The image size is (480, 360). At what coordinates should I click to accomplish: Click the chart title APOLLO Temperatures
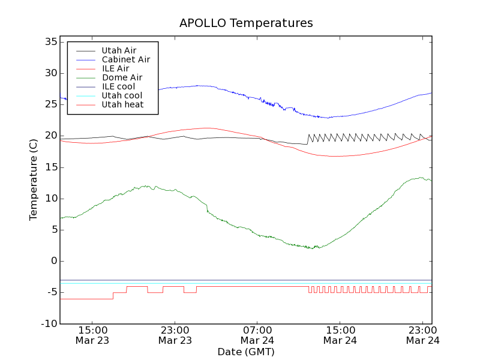(x=246, y=23)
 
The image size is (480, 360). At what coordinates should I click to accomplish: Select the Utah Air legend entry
(x=119, y=50)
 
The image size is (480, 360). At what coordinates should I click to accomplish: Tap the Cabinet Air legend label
(x=125, y=59)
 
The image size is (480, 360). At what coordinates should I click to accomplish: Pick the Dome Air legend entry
(x=122, y=77)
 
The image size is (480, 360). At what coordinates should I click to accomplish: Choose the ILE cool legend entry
(x=118, y=86)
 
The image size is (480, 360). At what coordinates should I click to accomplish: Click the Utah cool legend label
(x=122, y=95)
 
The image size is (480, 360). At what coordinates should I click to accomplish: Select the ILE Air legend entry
(x=115, y=68)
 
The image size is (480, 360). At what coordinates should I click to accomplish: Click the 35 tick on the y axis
(x=50, y=42)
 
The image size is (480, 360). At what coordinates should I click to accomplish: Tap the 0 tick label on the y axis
(x=54, y=261)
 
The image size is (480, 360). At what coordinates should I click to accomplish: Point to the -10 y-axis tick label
(x=48, y=323)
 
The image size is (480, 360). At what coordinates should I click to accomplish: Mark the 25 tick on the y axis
(x=50, y=104)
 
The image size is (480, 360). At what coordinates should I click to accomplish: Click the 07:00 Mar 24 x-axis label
(x=257, y=335)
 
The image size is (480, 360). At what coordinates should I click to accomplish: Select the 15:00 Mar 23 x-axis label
(x=92, y=335)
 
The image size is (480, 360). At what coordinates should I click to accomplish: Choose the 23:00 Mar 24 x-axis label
(x=423, y=335)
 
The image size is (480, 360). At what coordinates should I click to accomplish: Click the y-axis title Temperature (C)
(x=34, y=179)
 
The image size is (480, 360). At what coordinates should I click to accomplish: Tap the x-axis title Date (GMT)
(x=246, y=352)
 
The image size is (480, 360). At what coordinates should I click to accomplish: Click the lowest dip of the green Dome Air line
(x=317, y=248)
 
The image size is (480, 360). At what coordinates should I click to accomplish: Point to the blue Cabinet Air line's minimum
(x=328, y=118)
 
